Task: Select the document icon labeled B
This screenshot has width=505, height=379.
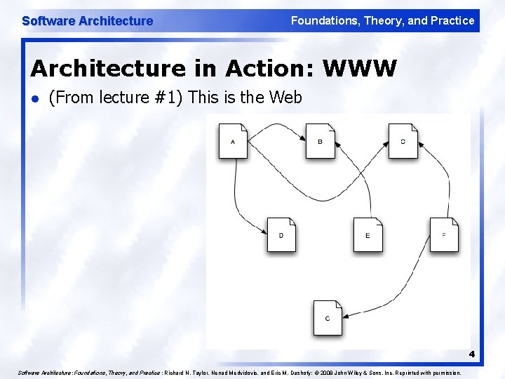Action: (320, 141)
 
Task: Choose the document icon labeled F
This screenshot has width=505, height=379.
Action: (444, 234)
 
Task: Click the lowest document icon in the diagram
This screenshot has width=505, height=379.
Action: (328, 318)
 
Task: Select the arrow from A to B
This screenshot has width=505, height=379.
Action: (277, 126)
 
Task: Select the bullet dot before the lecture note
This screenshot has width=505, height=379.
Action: (35, 98)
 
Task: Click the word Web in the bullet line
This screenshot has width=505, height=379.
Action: (285, 98)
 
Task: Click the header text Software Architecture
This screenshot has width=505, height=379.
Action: (87, 21)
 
